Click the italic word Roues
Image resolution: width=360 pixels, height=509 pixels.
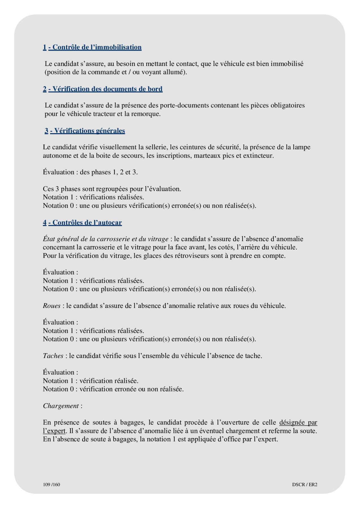(x=52, y=306)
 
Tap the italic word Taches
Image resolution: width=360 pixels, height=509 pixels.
(x=53, y=356)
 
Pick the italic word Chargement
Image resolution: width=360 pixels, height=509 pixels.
(x=61, y=406)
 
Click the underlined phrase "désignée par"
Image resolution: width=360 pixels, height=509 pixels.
(x=298, y=422)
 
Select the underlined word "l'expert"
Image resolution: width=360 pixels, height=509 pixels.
(x=54, y=431)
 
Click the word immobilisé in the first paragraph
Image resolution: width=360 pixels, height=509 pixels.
(x=287, y=64)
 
